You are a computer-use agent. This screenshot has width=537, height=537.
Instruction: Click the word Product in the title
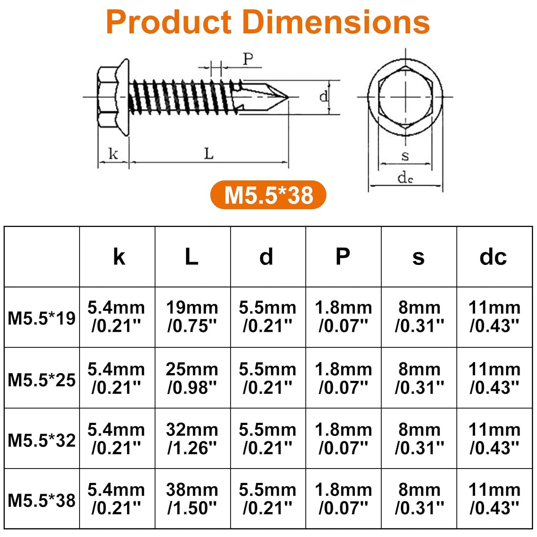tap(169, 22)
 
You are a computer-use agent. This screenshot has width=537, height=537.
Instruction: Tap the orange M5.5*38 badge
tap(268, 195)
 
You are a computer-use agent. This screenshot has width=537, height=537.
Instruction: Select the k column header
tap(119, 257)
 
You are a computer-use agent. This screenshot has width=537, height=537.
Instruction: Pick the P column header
tap(343, 257)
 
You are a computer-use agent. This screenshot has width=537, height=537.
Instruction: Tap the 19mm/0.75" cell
tap(192, 316)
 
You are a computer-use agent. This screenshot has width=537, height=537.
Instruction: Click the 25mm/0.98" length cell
tap(192, 378)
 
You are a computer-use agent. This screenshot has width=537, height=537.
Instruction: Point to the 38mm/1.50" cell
tap(192, 499)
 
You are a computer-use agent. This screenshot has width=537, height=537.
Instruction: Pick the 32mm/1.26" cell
tap(192, 439)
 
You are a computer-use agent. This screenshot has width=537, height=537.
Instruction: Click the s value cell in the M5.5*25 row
tap(419, 378)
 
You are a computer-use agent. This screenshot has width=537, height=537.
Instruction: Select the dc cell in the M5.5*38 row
tap(494, 499)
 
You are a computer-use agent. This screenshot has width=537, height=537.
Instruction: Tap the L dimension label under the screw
tap(209, 154)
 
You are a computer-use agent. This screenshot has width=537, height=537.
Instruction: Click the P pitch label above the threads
tap(248, 59)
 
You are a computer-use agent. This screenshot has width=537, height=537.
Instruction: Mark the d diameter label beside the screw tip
tap(324, 96)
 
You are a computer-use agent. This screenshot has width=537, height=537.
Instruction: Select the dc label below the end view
tap(405, 178)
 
